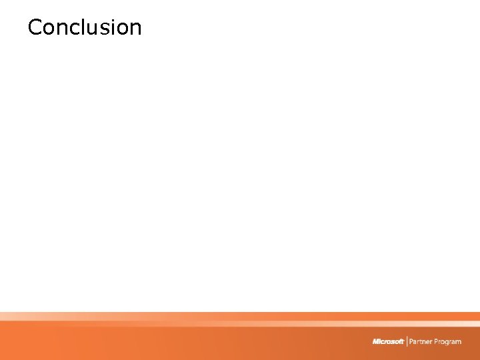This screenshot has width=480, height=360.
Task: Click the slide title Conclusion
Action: tap(85, 27)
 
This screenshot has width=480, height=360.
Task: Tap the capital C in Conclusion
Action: tap(35, 27)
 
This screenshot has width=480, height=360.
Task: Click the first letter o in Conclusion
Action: tap(49, 29)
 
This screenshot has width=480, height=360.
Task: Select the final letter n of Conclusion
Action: tap(135, 29)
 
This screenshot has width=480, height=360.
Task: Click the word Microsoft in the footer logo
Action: tap(389, 341)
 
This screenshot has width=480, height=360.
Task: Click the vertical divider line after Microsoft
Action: tap(407, 341)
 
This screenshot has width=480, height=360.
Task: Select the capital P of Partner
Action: tap(412, 341)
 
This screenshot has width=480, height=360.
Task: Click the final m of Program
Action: tap(458, 342)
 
